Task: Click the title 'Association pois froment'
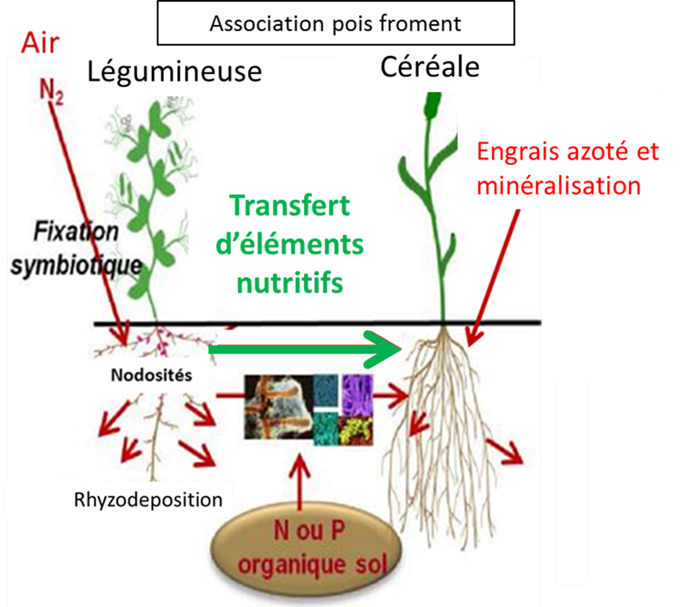coord(335,24)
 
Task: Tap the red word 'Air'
coord(40,43)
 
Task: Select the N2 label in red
coord(51,93)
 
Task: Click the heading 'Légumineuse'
coord(174,71)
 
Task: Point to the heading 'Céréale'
coord(429,67)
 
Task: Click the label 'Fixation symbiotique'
coord(76,249)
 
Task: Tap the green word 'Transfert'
coord(290,205)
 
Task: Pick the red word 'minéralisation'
coord(559,185)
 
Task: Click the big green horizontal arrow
coord(304,349)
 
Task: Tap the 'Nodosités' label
coord(152,375)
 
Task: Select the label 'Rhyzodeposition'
coord(148,499)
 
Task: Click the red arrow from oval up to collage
coord(299,482)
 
